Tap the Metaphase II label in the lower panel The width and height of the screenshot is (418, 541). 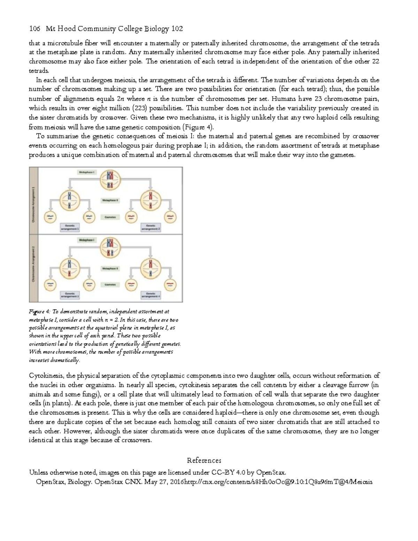click(110, 269)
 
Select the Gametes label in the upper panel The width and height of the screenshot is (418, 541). click(110, 217)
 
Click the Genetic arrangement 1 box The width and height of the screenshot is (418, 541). click(70, 227)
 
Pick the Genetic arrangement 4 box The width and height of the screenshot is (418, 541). click(150, 295)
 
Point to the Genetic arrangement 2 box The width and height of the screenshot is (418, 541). click(150, 227)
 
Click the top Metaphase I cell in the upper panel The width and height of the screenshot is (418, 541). click(110, 180)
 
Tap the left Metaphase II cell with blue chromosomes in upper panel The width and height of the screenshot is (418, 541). click(70, 201)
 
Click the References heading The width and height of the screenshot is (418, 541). click(204, 460)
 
